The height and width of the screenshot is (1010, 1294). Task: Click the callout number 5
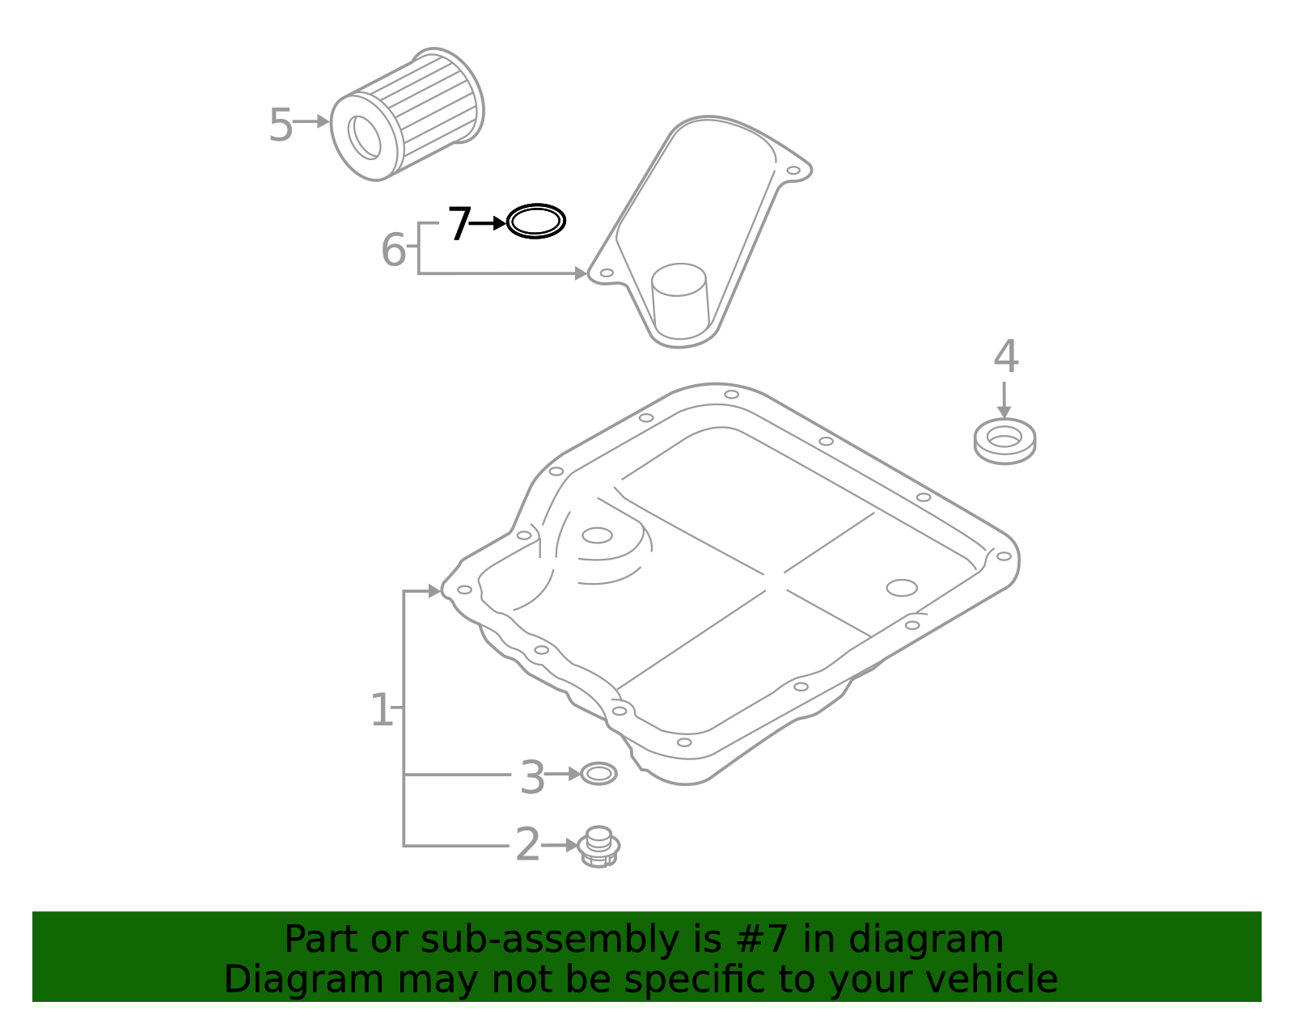(280, 125)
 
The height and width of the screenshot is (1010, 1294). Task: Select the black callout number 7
(459, 224)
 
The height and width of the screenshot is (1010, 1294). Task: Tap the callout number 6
(393, 250)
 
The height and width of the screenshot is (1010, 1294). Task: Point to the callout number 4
(1005, 356)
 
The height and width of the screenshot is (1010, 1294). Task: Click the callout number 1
(380, 710)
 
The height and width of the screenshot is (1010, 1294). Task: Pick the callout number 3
(531, 777)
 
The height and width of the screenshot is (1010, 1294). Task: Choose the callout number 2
(526, 845)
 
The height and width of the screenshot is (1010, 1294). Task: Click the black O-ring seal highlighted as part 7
(535, 222)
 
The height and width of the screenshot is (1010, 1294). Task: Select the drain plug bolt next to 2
(599, 847)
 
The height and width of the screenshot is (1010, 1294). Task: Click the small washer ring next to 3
(598, 774)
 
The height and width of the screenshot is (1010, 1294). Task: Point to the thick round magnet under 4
(1004, 442)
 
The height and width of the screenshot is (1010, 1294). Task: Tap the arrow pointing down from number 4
(1004, 399)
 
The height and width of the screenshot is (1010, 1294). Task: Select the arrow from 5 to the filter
(311, 121)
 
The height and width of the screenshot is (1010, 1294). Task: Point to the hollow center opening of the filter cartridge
(365, 137)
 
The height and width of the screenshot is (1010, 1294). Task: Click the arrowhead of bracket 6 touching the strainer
(581, 274)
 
